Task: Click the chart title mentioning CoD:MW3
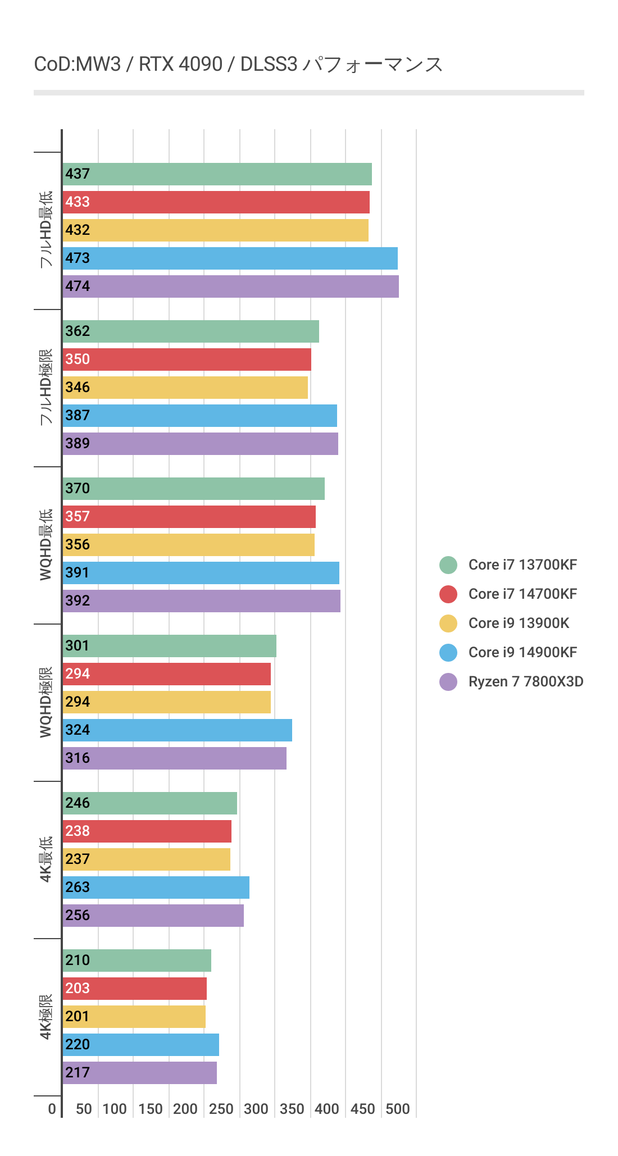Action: (238, 65)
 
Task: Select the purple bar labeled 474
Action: (230, 286)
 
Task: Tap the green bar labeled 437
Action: (217, 174)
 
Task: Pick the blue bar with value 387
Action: (199, 416)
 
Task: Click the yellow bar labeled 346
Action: (185, 388)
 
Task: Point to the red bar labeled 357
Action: (189, 517)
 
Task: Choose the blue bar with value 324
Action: (177, 730)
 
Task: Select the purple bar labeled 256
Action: (153, 916)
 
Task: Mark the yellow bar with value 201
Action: (134, 1017)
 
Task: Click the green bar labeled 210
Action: (137, 961)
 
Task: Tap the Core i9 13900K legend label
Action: (519, 623)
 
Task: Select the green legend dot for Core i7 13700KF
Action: (448, 565)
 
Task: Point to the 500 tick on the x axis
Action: (398, 1109)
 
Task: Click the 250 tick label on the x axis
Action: (221, 1109)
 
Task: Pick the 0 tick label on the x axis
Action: (52, 1109)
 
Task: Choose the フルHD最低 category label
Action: (46, 230)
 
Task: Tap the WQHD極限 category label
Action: (46, 702)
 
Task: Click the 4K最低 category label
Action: (46, 859)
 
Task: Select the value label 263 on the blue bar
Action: (78, 888)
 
